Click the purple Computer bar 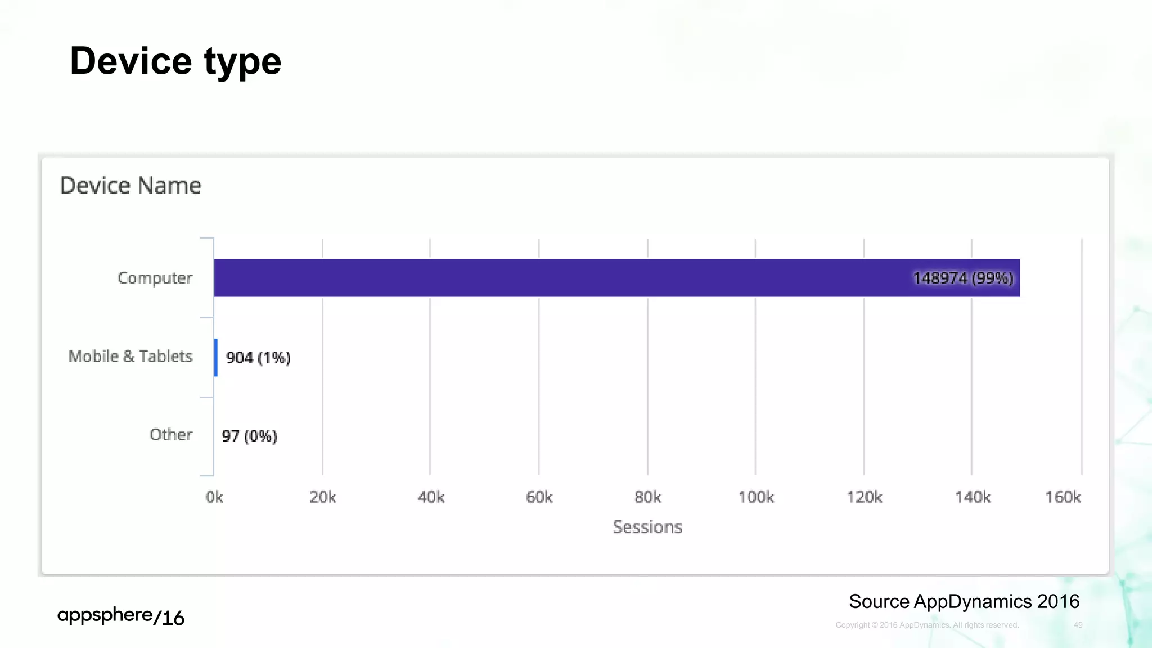[x=562, y=278]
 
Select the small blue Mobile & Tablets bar [x=216, y=357]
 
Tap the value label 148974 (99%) [x=962, y=278]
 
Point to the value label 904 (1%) [x=258, y=358]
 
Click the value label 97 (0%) [x=249, y=436]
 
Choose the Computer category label [x=155, y=278]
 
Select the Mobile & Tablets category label [x=130, y=357]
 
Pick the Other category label [x=171, y=435]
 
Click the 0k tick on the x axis [x=214, y=497]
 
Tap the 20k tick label [x=323, y=497]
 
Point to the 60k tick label [x=539, y=497]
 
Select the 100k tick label [x=756, y=497]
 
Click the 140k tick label [x=973, y=497]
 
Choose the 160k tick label [x=1063, y=497]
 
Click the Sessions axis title [x=647, y=527]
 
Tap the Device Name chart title [x=130, y=186]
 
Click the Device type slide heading [x=175, y=61]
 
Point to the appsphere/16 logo [x=121, y=616]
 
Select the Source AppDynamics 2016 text [x=964, y=601]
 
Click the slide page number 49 [x=1078, y=625]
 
